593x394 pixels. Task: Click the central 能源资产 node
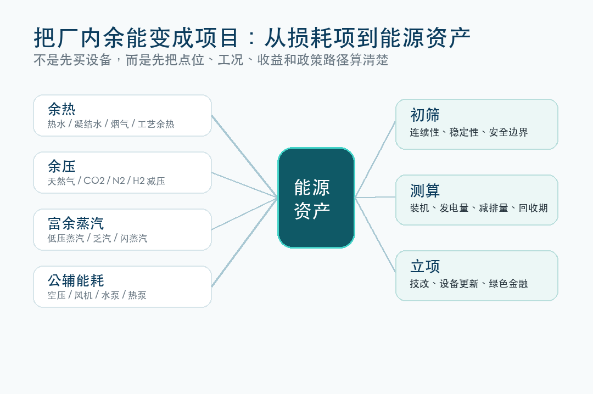316,198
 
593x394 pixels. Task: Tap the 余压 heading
61,166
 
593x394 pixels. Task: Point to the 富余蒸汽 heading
76,223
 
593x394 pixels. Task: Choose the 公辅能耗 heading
76,280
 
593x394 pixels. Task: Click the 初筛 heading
424,115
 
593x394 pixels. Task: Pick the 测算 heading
424,190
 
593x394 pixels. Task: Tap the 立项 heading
424,266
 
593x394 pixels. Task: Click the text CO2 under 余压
94,181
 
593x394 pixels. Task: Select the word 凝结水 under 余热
88,124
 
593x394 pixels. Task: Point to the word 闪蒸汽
133,238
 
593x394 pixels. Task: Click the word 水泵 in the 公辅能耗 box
110,295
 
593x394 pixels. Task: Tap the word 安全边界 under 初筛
508,132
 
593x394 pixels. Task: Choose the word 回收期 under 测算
533,208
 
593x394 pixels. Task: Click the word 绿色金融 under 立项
508,284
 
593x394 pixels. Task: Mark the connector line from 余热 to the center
245,156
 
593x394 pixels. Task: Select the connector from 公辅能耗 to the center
245,242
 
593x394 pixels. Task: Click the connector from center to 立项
375,235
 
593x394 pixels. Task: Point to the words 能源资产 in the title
425,38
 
